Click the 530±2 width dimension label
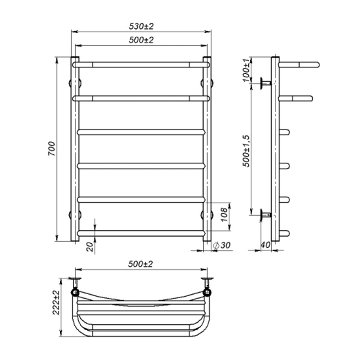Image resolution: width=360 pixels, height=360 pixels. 141,27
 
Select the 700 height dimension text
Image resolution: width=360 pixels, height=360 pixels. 52,149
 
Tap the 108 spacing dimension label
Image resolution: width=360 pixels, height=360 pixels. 224,215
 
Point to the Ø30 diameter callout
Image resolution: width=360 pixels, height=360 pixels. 221,245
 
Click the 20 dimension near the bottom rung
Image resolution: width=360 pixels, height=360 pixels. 91,247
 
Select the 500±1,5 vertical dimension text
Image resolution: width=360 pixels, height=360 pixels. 246,151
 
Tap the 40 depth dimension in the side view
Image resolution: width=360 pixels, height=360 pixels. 265,245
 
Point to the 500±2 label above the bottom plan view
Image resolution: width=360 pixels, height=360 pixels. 140,264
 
